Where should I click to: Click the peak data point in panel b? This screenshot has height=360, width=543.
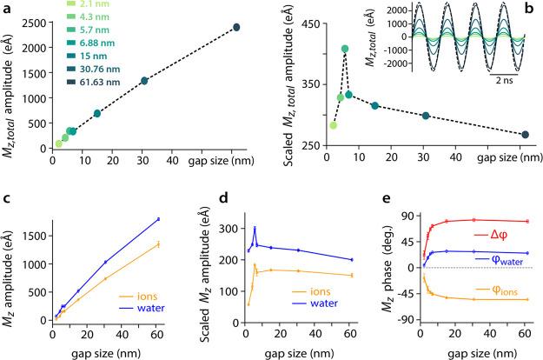click(345, 49)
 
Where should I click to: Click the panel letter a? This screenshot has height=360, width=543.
click(8, 7)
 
